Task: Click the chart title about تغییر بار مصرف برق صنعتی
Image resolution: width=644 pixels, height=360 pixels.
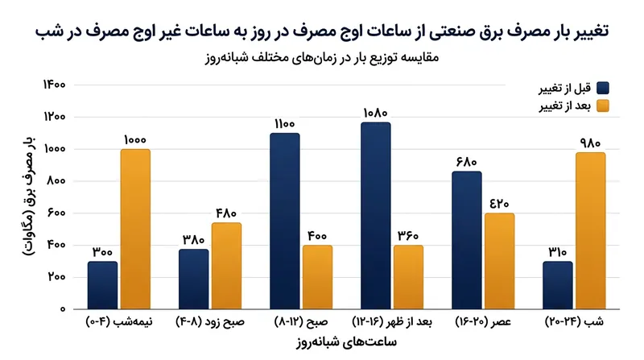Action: [x=321, y=31]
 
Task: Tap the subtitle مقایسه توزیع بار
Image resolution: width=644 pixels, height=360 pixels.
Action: [x=322, y=57]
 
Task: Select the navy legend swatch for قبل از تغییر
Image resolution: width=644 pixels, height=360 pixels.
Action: [x=603, y=88]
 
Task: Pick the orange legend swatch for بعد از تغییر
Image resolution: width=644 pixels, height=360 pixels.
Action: [x=603, y=106]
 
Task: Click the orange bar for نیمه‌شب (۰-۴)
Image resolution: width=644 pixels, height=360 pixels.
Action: [x=135, y=229]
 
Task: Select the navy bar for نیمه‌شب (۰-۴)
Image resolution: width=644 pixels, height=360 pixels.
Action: [x=103, y=285]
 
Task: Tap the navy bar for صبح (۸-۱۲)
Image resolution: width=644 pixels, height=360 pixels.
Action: [x=285, y=221]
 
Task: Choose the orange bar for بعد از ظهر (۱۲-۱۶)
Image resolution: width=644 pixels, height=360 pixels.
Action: [x=408, y=277]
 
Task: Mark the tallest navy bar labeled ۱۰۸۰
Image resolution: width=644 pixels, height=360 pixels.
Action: [x=376, y=216]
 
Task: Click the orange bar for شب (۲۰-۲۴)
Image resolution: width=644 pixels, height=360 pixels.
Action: [x=591, y=230]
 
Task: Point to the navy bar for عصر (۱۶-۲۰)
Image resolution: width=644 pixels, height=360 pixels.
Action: [x=467, y=240]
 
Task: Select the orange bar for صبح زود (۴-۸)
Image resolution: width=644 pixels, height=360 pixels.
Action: [x=227, y=266]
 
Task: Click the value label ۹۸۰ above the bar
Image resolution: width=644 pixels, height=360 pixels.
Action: [x=590, y=143]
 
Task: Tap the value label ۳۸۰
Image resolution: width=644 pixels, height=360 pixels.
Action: [x=193, y=239]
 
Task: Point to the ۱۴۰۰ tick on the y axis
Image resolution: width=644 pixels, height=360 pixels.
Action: [x=54, y=85]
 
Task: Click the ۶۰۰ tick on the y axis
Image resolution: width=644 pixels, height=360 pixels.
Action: [x=56, y=213]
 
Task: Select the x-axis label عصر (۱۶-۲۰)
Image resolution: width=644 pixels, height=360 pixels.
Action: [x=483, y=322]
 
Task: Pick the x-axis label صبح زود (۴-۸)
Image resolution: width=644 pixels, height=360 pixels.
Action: [x=210, y=322]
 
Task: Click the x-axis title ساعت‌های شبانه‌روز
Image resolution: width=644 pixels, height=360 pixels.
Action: [x=346, y=342]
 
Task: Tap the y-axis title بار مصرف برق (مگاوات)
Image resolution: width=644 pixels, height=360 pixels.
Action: [x=29, y=197]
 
